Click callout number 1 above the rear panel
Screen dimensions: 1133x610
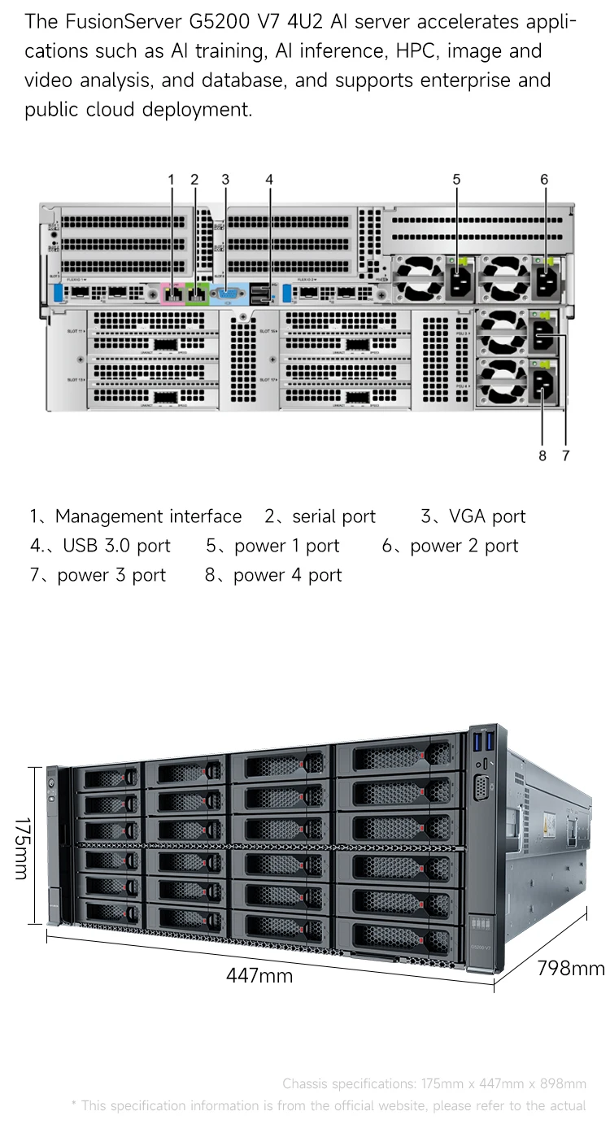click(172, 180)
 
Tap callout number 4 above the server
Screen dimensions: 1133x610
click(269, 180)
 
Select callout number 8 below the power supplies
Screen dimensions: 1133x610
click(542, 455)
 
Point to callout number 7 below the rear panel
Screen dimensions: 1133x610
click(566, 455)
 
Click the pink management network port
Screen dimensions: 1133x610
click(173, 292)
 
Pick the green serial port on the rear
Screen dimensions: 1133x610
click(197, 292)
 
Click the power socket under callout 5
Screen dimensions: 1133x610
click(457, 283)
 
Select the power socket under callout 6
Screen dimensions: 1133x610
click(544, 283)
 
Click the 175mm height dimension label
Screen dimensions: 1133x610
click(21, 848)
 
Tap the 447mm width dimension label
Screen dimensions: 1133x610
click(259, 974)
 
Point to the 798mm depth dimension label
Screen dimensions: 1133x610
click(571, 968)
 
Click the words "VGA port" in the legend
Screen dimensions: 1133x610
click(487, 516)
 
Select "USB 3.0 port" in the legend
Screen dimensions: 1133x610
click(116, 546)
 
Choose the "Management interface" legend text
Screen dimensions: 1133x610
click(148, 516)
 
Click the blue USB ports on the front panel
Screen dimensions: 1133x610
click(482, 742)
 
